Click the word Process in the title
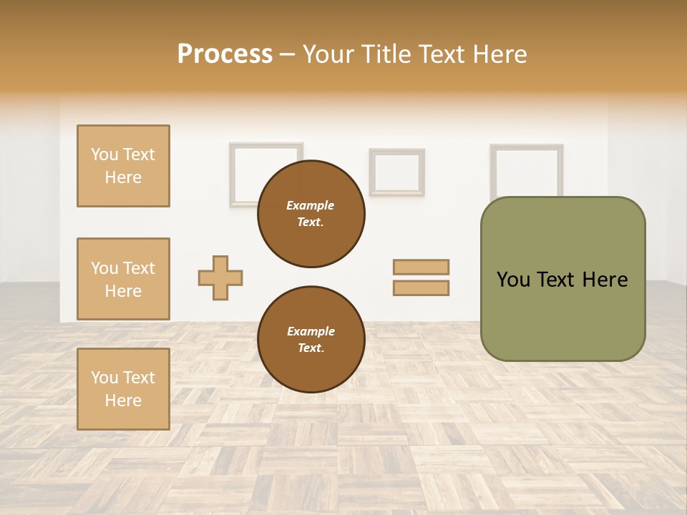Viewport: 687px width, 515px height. pos(225,54)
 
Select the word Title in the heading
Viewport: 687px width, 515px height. pos(385,54)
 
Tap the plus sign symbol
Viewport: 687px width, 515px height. pos(220,278)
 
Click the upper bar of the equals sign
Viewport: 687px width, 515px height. pos(421,267)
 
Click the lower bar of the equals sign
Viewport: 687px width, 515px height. pos(421,288)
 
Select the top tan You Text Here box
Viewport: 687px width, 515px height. pos(123,166)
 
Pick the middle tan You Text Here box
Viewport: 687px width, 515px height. pos(123,279)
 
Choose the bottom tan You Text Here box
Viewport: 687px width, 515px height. pos(123,389)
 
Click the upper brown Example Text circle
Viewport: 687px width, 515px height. pos(311,214)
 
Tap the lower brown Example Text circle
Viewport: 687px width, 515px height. pos(311,340)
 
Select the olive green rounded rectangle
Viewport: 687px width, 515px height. pos(562,279)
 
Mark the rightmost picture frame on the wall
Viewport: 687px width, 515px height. pos(526,169)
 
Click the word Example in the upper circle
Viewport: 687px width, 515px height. pos(311,205)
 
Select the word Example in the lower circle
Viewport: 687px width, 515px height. pos(311,331)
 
